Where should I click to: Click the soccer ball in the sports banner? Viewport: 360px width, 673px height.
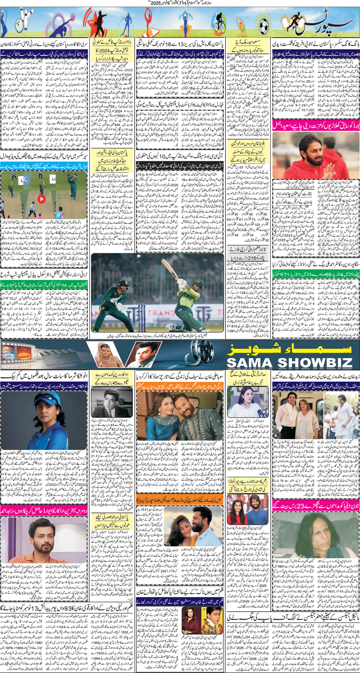click(x=264, y=25)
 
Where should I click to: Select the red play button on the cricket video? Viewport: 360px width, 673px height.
click(x=41, y=199)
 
